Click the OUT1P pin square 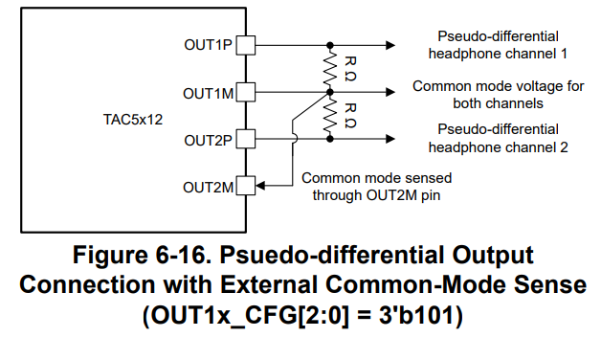(x=246, y=45)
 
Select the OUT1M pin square (x=246, y=93)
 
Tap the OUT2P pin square (x=246, y=139)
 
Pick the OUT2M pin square (x=246, y=186)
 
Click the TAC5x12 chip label (x=133, y=120)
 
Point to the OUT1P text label (x=208, y=45)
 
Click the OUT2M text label (x=208, y=188)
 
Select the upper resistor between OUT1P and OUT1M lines (x=330, y=69)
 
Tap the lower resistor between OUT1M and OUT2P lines (x=330, y=116)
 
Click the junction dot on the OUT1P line (x=330, y=45)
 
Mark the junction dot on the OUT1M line (x=330, y=93)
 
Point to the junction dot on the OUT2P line (x=330, y=139)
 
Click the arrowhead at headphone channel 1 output (x=390, y=45)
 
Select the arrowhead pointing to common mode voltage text (x=390, y=93)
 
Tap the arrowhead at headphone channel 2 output (x=390, y=139)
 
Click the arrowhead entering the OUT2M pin (x=260, y=186)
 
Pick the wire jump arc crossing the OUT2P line (x=295, y=139)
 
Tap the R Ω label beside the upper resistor (x=350, y=69)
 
